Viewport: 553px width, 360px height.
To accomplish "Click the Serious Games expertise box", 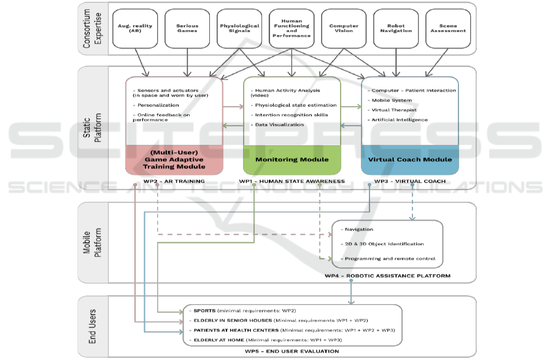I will (x=188, y=28).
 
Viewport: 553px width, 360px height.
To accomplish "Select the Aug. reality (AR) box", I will (x=135, y=28).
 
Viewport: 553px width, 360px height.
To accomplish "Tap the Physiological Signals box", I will (x=239, y=28).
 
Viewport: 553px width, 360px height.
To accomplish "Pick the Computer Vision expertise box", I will (x=344, y=28).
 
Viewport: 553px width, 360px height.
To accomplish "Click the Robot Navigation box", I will (x=396, y=28).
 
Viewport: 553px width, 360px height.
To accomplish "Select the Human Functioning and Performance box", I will (x=292, y=28).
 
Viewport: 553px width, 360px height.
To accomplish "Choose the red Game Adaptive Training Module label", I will (x=174, y=159).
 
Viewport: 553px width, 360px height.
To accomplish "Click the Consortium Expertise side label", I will (x=91, y=28).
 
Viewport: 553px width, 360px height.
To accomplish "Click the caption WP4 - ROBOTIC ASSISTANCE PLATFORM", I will (x=387, y=276).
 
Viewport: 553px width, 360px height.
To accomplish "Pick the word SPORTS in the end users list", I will (x=203, y=310).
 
